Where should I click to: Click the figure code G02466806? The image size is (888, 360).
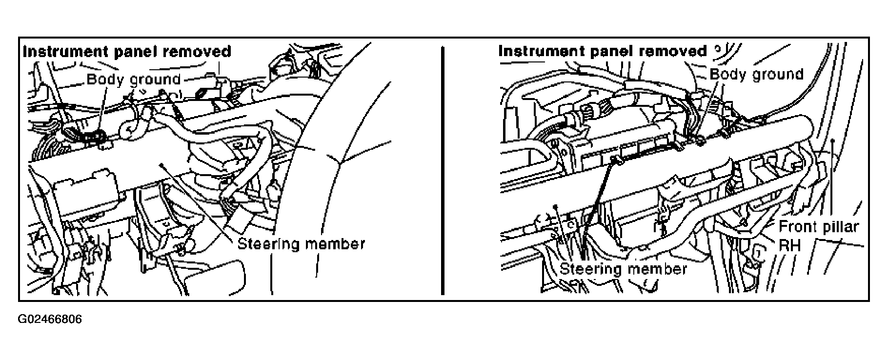[50, 320]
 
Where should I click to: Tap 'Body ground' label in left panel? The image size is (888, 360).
[134, 79]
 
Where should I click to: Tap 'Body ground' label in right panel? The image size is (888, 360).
[756, 74]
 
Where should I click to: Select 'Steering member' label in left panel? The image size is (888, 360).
[301, 243]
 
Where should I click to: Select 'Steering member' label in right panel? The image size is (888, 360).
[624, 269]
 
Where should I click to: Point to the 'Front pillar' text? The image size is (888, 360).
[819, 227]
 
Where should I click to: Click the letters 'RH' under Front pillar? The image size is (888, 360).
[789, 245]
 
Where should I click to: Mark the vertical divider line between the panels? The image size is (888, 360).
[442, 171]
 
